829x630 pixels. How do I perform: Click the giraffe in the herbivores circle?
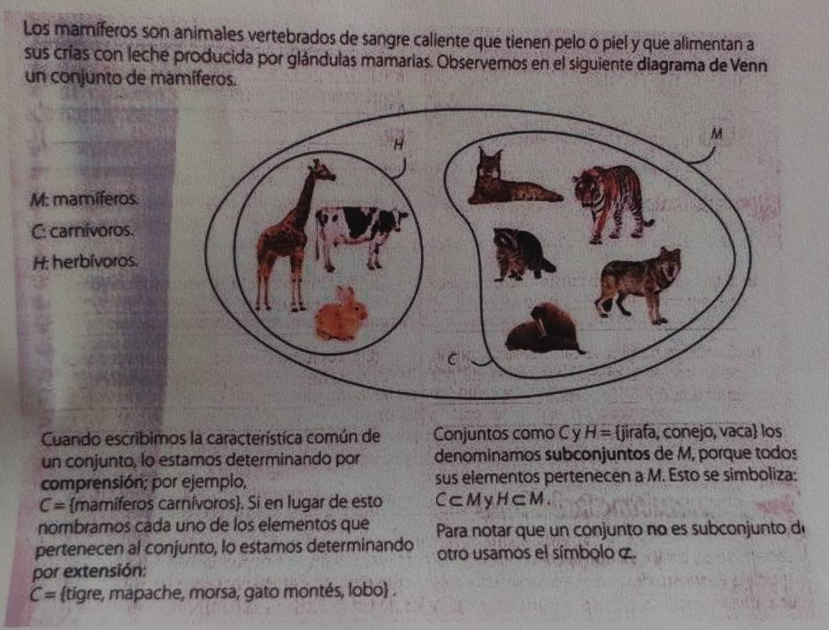click(x=288, y=238)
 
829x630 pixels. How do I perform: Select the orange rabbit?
click(x=341, y=315)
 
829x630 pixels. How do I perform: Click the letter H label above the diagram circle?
click(x=399, y=144)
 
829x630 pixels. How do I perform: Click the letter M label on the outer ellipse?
click(x=717, y=134)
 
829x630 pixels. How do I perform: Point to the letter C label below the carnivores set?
click(x=451, y=359)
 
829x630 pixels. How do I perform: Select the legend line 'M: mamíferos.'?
click(x=85, y=200)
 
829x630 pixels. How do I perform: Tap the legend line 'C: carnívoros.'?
click(x=82, y=231)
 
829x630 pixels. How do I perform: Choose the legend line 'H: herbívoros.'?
click(x=85, y=261)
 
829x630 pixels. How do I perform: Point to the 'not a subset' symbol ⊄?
click(x=626, y=554)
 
